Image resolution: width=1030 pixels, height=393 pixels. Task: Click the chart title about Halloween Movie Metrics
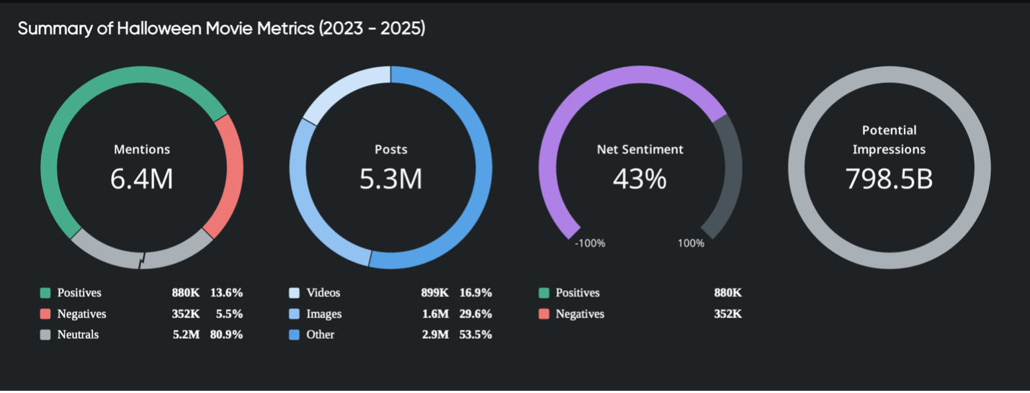(221, 29)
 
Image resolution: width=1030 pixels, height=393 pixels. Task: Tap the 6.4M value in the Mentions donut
(142, 179)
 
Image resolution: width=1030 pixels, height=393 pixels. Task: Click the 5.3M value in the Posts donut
(391, 179)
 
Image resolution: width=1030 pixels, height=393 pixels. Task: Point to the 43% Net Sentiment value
(640, 179)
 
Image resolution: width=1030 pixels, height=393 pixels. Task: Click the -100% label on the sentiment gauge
(590, 243)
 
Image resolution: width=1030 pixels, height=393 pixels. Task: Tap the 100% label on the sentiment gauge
(691, 243)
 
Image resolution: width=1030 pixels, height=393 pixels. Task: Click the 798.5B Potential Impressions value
(889, 179)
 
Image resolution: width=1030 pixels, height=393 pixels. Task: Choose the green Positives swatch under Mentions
(45, 293)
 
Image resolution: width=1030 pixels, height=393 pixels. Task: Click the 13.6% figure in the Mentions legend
(226, 293)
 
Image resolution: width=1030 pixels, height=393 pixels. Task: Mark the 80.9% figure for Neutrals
(226, 335)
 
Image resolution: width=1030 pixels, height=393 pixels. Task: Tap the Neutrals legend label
(78, 335)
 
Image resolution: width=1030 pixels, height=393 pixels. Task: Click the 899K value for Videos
(435, 293)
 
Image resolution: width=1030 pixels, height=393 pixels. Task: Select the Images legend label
(324, 314)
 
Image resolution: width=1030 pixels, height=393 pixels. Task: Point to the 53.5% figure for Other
(475, 335)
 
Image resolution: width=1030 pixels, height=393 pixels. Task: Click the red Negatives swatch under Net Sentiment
(544, 314)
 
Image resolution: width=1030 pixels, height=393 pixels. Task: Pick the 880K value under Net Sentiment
(727, 293)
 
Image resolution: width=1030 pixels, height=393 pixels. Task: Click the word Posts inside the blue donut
(391, 150)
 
